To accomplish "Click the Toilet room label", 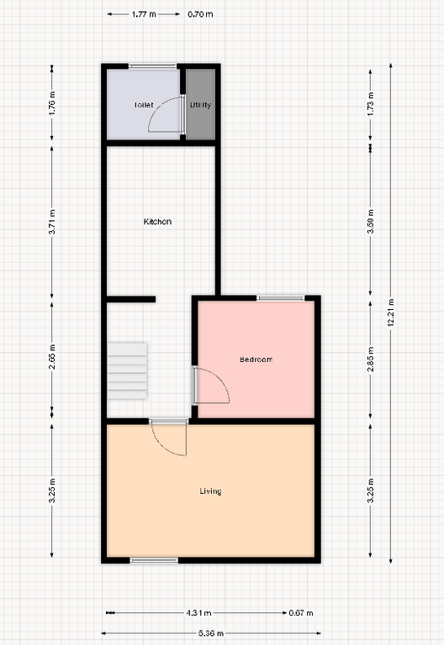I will point(143,106).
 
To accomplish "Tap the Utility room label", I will point(200,106).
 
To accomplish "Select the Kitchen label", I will point(157,222).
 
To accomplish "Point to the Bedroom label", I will point(256,359).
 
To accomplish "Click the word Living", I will point(210,491).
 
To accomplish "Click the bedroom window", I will point(281,297).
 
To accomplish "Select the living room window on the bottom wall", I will point(154,560).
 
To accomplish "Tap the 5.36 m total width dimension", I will point(210,632).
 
